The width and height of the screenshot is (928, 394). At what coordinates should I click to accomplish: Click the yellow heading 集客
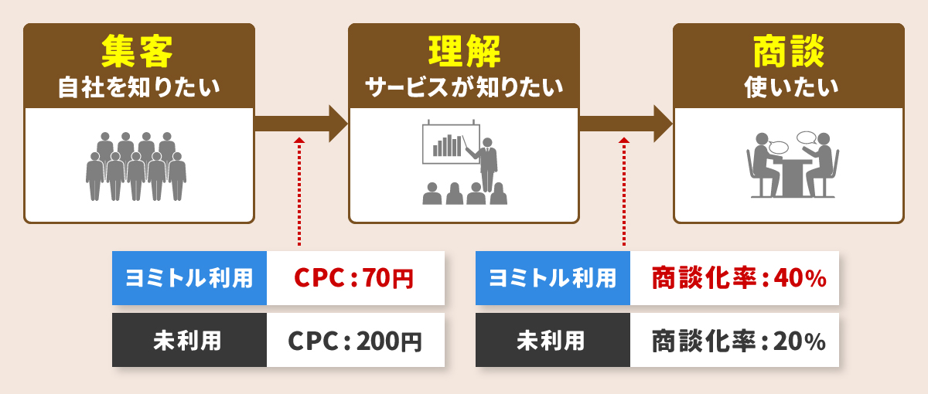tap(137, 52)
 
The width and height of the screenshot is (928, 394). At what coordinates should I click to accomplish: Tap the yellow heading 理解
tap(464, 52)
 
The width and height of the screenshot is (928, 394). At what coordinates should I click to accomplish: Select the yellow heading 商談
tap(789, 52)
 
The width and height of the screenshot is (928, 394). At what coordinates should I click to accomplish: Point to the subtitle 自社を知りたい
tap(138, 87)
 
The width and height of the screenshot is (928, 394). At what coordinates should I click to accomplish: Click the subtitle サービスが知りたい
tap(464, 87)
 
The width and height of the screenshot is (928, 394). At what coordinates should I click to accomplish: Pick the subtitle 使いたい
tap(791, 87)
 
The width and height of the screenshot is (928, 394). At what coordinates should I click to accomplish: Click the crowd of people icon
tap(136, 166)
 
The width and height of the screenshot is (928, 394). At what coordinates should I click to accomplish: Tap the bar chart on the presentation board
tap(447, 145)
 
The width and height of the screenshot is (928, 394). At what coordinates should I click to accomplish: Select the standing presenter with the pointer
tap(485, 165)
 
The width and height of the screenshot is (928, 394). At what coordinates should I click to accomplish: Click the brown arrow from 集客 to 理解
tap(301, 124)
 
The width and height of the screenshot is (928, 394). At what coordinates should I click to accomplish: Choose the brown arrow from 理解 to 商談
tap(626, 124)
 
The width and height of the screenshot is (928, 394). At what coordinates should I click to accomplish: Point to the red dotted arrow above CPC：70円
tap(299, 192)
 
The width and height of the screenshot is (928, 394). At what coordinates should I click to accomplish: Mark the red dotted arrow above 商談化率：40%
tap(624, 192)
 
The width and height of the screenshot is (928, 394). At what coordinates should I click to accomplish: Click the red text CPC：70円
tap(354, 277)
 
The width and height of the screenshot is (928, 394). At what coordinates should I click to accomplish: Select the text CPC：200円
tap(355, 341)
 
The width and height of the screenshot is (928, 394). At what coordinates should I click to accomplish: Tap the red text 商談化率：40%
tap(739, 277)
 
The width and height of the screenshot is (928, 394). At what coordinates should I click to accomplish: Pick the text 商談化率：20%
tap(739, 341)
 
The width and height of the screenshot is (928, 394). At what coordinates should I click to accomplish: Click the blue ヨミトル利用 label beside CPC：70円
tap(189, 277)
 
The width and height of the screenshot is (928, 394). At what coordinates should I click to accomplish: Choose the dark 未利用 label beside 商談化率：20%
tap(553, 340)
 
